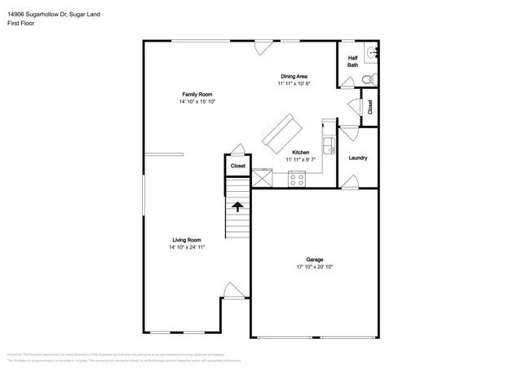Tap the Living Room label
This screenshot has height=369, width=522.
[187, 239]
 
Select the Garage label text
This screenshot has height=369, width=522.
[314, 260]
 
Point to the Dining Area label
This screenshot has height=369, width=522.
[294, 77]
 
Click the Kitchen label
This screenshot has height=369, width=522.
[300, 152]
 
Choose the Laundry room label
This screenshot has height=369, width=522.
[358, 158]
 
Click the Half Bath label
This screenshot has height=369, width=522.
[353, 61]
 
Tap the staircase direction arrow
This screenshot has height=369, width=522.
[237, 206]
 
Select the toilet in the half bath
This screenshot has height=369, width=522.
[366, 79]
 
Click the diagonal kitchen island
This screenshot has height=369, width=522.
[281, 131]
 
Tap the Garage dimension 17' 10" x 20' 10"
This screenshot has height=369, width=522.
[314, 267]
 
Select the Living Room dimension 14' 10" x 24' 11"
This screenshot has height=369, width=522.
[187, 247]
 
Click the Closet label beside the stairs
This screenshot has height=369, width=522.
[237, 166]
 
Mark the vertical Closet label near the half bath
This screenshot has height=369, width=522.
[369, 106]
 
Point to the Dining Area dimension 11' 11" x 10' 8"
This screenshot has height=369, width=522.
[294, 84]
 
